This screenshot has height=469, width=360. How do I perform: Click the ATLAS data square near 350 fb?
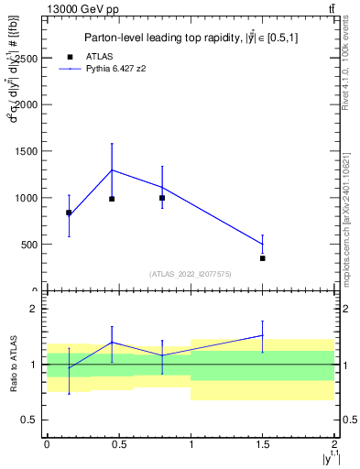click(x=263, y=258)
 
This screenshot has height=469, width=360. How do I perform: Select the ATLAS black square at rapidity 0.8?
click(x=162, y=198)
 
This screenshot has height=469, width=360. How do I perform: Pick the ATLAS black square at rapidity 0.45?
click(x=112, y=199)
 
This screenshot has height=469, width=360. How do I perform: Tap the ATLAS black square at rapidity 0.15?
click(x=69, y=213)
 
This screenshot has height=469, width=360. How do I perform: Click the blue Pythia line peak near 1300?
click(x=112, y=169)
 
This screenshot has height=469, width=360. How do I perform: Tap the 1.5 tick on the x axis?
click(x=263, y=444)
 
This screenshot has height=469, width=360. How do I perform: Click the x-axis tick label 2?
click(x=334, y=444)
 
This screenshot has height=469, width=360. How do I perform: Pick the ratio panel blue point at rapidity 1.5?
click(x=263, y=335)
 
